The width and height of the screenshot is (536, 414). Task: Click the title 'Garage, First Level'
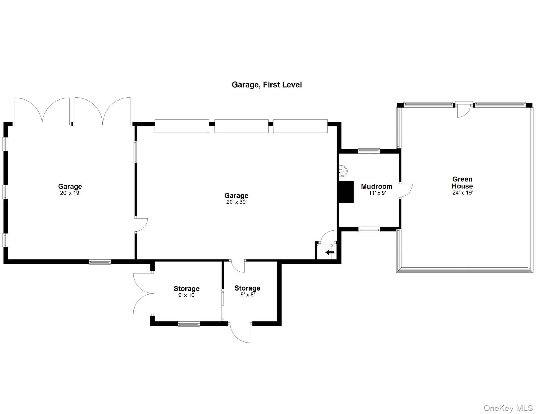coord(267,85)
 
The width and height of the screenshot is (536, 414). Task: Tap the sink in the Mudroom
coord(343,171)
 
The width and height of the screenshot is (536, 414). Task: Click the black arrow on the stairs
coord(330,253)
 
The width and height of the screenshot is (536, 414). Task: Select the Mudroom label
coord(376,187)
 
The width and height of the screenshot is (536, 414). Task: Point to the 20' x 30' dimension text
coord(236,202)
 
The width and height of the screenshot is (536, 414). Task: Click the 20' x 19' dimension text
coord(70,193)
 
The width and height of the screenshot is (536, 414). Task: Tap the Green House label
coord(462,182)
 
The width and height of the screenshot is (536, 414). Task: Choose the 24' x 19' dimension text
coord(462,193)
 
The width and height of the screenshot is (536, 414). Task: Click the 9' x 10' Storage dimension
coord(187,295)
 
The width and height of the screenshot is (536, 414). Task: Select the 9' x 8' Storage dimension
coord(247,295)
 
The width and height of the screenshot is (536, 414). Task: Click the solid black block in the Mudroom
coord(346,192)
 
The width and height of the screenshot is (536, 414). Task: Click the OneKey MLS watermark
coord(508,408)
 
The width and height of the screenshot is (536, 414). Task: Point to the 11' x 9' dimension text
coord(377,193)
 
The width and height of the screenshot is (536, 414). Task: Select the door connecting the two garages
coord(141,225)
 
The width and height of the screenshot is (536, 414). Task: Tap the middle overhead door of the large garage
coord(241,126)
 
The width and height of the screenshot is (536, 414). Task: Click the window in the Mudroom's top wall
coord(369,151)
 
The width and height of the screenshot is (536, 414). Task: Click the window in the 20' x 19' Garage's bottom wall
coord(99,261)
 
